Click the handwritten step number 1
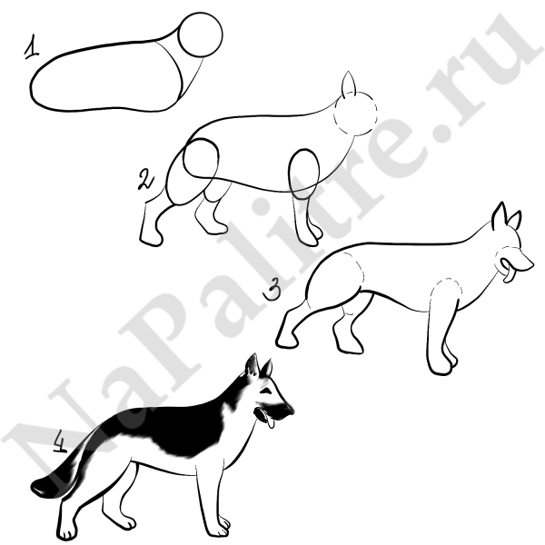31,47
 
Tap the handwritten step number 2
146,180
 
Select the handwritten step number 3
272,291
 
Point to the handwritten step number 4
61,441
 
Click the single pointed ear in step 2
348,84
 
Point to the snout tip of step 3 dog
532,265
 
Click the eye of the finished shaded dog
267,391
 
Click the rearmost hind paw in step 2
151,238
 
